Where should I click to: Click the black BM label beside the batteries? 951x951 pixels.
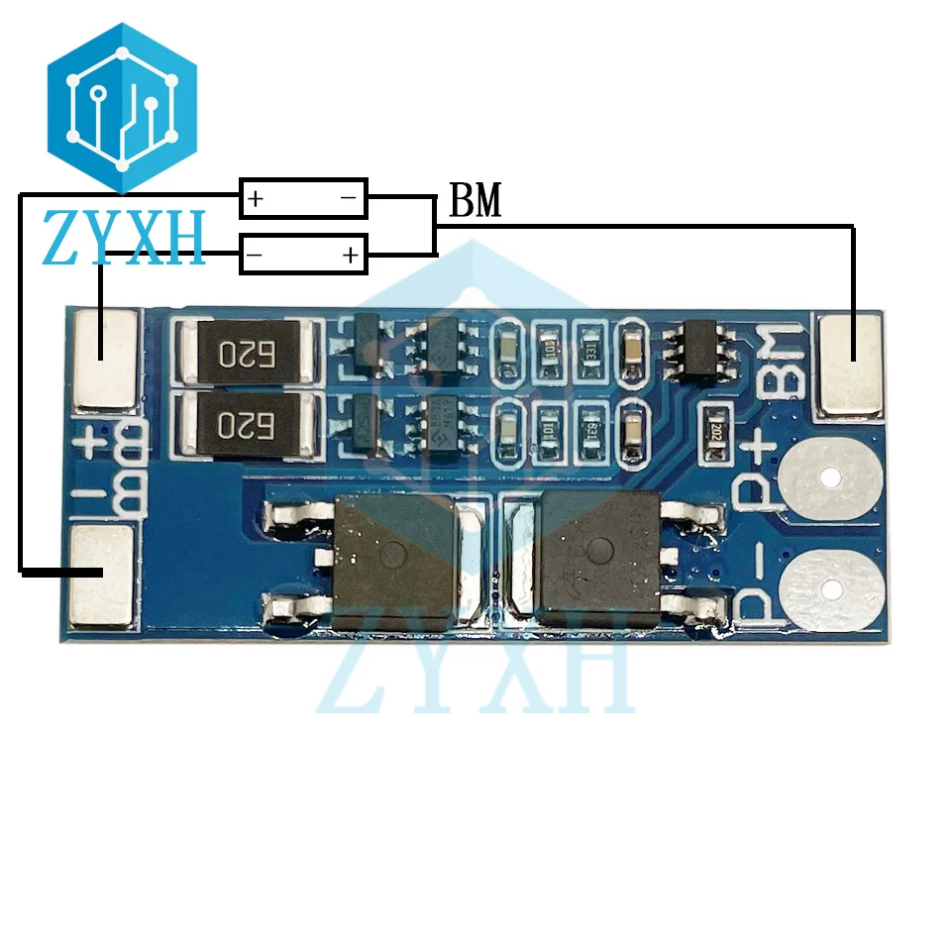[475, 202]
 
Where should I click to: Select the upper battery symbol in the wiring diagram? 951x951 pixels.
[303, 198]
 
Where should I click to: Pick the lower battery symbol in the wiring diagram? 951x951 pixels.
[303, 255]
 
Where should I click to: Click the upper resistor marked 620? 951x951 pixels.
[246, 352]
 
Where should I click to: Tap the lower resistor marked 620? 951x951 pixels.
[246, 425]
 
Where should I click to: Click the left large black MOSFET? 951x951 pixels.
[394, 559]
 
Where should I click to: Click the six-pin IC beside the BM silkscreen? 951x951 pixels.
[702, 346]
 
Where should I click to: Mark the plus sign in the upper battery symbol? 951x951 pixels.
[257, 199]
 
